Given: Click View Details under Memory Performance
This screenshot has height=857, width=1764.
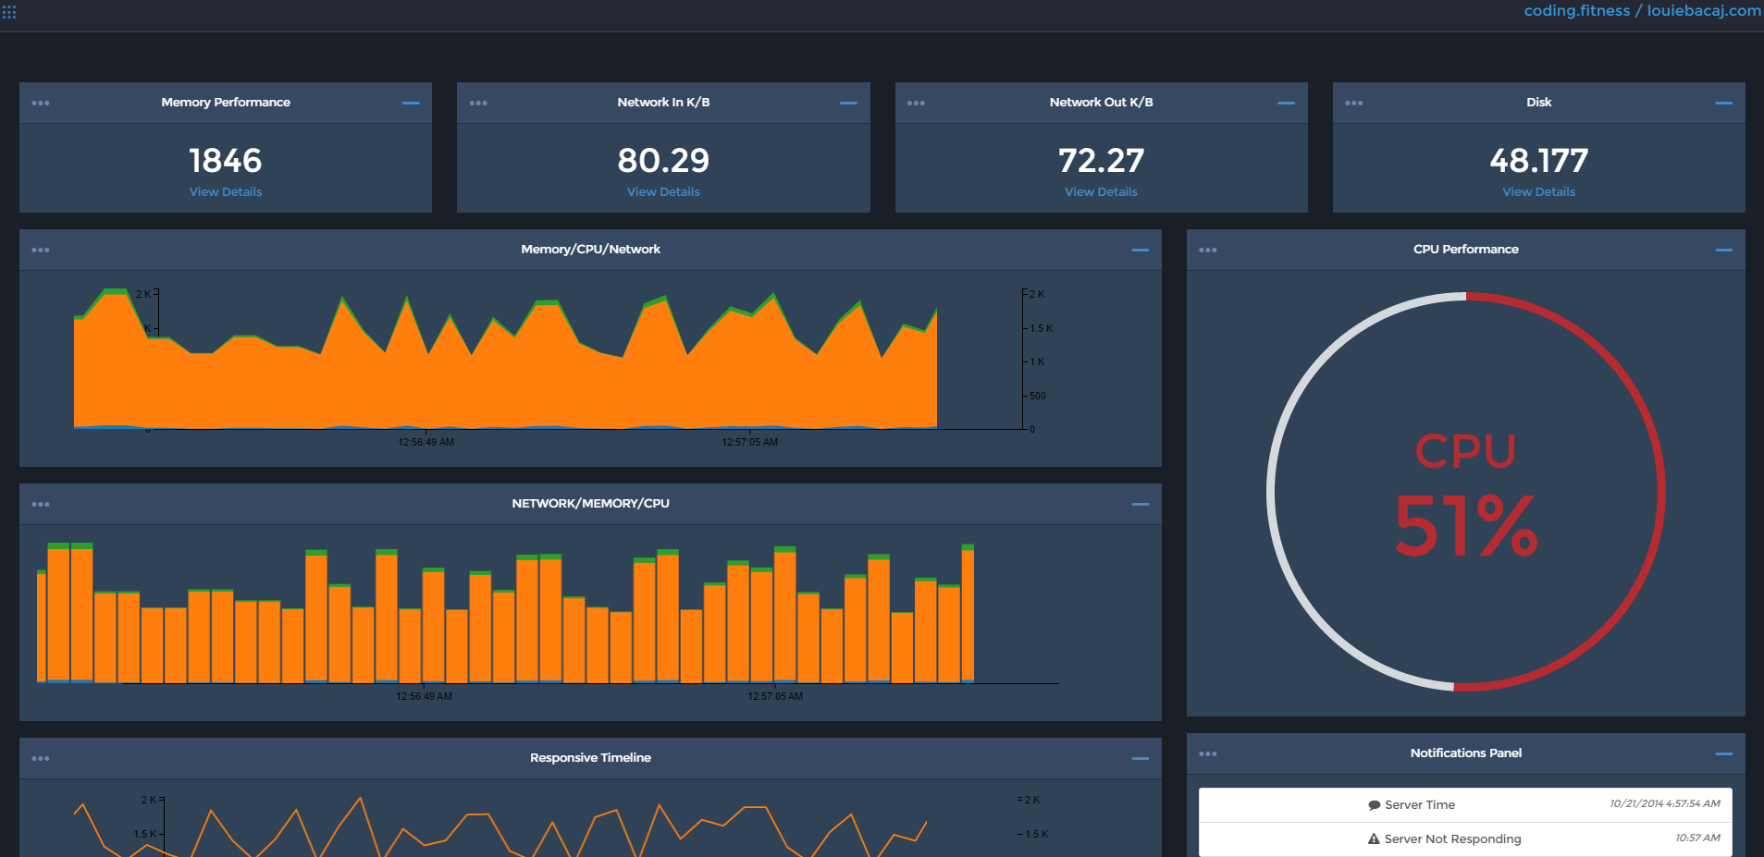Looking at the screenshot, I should coord(226,192).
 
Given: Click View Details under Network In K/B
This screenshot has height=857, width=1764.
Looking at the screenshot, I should coord(663,192).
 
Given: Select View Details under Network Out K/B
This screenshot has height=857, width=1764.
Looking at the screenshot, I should coord(1101,192).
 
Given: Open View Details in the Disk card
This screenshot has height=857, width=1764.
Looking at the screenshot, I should coord(1538,192).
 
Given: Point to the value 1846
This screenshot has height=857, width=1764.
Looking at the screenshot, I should coord(226,161).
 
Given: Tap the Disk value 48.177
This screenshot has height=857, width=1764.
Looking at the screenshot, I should coord(1538,161).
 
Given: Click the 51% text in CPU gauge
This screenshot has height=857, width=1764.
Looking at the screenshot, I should coord(1466,527).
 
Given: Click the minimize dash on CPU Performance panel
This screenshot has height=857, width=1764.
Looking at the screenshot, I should coord(1723,250).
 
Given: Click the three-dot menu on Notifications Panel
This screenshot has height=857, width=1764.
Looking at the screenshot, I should coord(1207,753).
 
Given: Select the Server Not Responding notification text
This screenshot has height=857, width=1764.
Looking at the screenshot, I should coord(1452,839).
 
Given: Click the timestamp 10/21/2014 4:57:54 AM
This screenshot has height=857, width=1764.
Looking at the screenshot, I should coord(1664,804).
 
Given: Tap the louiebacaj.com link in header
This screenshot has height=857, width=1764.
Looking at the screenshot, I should coord(1704,11).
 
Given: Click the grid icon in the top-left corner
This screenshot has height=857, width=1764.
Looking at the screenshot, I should coord(9,12).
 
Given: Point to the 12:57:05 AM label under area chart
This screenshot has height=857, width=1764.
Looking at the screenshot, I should coord(749,443).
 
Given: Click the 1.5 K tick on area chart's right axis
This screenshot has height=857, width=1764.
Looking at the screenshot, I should coord(1041,328).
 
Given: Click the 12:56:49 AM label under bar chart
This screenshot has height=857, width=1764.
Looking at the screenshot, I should coord(424,697).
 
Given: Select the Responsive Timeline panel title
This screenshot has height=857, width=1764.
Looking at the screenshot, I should coord(590,758).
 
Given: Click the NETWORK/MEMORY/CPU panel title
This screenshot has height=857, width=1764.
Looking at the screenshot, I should coord(590,504).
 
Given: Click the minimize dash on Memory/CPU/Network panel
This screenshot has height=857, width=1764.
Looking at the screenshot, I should coord(1140,250).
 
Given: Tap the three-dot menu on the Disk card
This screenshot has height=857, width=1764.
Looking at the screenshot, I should coord(1353,103).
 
